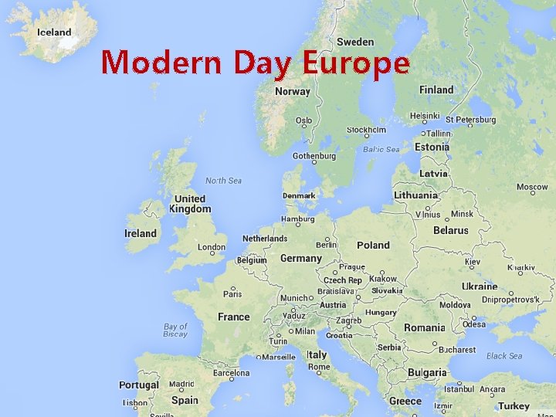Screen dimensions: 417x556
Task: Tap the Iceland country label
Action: coord(54,32)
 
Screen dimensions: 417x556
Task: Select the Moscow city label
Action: coord(532,187)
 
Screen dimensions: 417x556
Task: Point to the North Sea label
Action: coord(223,181)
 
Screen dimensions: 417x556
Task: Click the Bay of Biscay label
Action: coord(175,331)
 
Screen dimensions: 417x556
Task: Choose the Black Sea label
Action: coord(504,356)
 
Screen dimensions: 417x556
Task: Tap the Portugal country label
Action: coord(139,385)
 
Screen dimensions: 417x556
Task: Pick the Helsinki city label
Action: coord(425,116)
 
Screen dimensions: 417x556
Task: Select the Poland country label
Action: coord(373,245)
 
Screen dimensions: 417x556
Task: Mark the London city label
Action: coord(212,248)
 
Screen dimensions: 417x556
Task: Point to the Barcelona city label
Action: coord(232,373)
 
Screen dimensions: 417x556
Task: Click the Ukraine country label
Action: coord(480,286)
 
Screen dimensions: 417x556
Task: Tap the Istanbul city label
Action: coord(459,389)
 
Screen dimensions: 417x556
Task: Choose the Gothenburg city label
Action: coord(314,156)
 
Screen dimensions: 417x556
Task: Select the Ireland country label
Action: coord(141,233)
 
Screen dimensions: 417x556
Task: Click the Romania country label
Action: coord(424,327)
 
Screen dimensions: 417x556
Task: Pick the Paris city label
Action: coord(232,294)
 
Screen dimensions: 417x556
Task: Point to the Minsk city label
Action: coord(462,214)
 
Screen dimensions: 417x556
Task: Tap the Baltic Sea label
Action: coord(381,149)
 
